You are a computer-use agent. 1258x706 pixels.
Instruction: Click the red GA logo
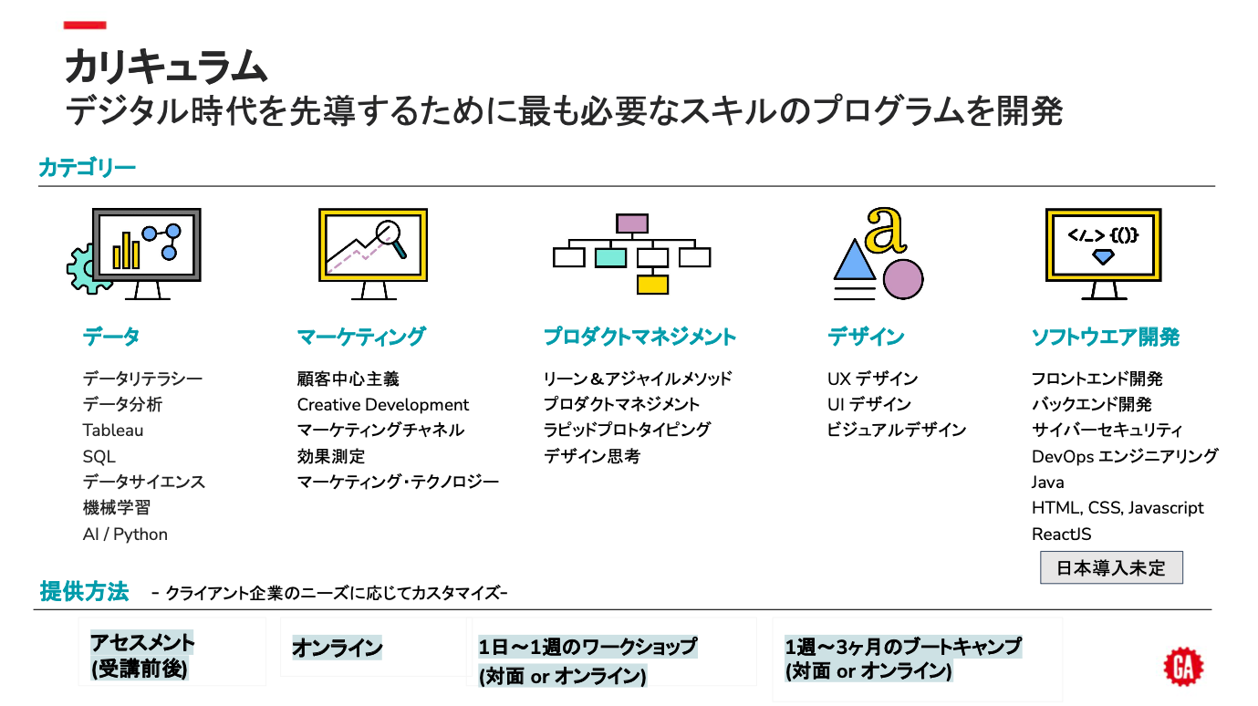point(1183,666)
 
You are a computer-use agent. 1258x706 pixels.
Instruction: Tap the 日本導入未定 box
point(1111,567)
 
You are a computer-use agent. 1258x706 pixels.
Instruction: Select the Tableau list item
point(113,431)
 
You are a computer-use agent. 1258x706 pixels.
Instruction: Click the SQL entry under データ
point(99,456)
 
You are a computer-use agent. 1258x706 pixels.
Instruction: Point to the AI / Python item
point(125,535)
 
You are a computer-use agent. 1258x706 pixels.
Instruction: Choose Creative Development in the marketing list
point(383,405)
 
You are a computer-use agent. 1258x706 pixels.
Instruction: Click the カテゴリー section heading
point(87,168)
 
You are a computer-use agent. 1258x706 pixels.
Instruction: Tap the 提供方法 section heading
point(84,591)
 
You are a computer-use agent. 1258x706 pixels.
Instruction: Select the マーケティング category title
point(361,337)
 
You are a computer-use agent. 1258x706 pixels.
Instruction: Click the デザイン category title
point(866,337)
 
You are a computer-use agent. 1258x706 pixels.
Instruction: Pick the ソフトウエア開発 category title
point(1105,337)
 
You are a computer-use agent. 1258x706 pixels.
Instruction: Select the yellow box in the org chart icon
point(652,284)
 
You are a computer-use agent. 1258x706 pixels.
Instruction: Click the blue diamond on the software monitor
point(1103,258)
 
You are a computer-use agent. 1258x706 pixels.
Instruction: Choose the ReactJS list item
point(1062,535)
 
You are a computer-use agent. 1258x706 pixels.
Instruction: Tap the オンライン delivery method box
point(338,649)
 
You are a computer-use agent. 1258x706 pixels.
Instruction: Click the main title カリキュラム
point(165,67)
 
